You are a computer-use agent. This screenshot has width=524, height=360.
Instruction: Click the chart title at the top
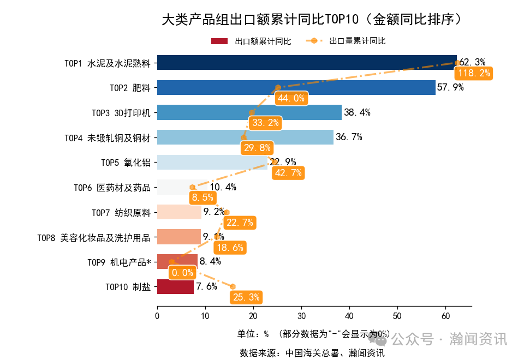314,20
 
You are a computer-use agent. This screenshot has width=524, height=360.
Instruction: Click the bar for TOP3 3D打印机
249,112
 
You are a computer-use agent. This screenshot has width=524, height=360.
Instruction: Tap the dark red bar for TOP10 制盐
175,286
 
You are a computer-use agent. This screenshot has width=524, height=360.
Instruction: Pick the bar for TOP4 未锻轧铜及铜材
245,137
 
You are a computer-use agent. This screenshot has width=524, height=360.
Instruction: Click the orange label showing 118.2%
474,74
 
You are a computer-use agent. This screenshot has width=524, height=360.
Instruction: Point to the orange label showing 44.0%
291,98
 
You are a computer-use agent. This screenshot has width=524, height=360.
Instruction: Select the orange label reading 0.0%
182,272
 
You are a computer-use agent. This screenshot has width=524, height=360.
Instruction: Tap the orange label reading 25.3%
246,297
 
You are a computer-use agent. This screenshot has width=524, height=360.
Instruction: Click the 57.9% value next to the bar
450,87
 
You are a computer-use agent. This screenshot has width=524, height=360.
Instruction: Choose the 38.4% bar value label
358,112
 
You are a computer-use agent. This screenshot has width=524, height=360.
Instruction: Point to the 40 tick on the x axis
349,315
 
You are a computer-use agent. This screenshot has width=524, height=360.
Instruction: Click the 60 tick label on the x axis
445,315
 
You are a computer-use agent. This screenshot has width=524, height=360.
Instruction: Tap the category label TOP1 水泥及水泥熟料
107,63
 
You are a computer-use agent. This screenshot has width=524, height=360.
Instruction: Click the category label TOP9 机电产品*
119,262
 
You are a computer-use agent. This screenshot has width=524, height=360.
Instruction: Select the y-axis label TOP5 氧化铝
126,162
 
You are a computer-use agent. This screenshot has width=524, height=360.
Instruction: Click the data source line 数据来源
312,353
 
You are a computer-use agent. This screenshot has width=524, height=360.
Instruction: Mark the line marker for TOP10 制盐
233,286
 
